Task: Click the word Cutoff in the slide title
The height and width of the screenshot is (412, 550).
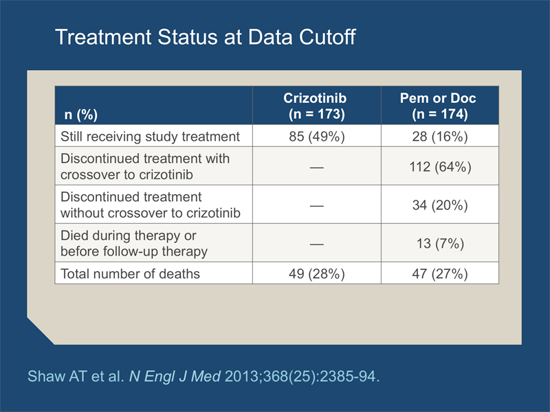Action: [327, 37]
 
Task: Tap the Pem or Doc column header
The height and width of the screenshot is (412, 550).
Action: [439, 106]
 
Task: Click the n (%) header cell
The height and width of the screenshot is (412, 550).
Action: [80, 115]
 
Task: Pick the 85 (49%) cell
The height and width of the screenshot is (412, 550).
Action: [317, 136]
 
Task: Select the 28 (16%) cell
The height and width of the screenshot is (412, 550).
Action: [440, 136]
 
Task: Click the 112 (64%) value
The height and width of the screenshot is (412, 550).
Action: [440, 167]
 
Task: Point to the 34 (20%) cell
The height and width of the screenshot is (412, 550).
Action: [440, 205]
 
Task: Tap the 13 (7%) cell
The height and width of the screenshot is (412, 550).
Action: [440, 244]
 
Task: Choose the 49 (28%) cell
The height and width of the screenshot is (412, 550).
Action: [317, 273]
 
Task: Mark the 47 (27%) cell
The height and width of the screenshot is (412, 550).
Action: [440, 273]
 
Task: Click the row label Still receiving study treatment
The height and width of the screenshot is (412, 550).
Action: [150, 137]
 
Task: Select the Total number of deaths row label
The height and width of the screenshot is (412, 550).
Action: [130, 273]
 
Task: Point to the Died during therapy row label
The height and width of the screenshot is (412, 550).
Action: [134, 244]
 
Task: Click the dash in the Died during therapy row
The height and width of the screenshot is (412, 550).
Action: [317, 244]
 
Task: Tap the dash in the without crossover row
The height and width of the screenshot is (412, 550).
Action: [317, 205]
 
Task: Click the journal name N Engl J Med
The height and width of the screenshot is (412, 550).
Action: [175, 376]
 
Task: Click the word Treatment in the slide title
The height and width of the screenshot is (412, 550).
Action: [103, 37]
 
